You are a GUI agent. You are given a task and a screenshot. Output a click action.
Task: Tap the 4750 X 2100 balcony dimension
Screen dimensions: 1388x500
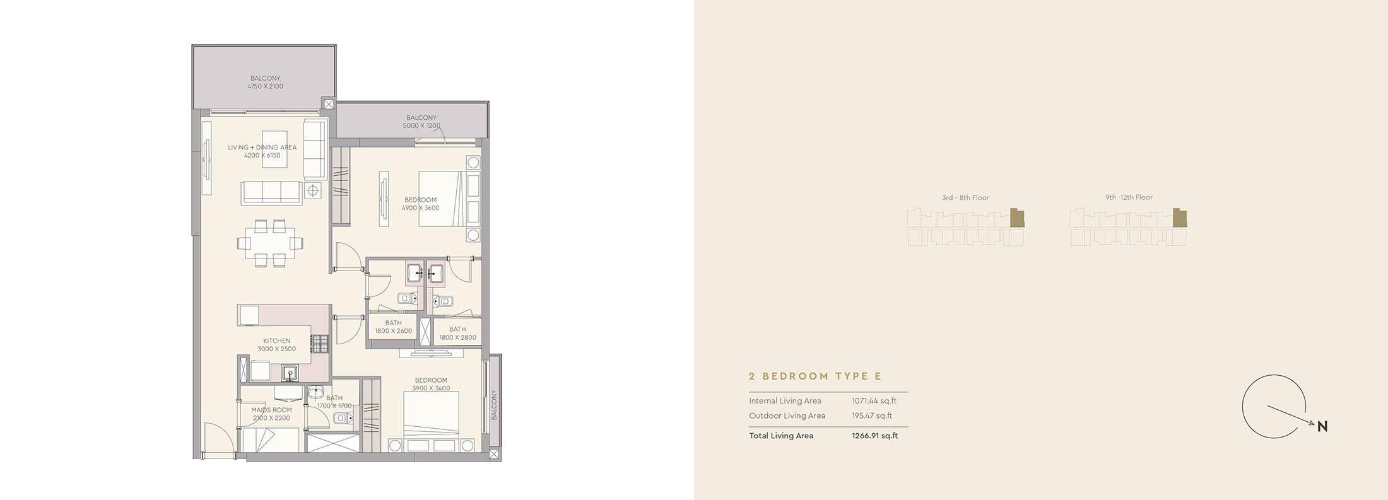click(265, 86)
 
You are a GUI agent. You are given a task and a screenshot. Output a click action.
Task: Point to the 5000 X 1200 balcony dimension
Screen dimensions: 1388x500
click(421, 125)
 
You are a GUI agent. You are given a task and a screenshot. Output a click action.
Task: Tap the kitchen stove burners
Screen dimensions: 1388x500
click(320, 344)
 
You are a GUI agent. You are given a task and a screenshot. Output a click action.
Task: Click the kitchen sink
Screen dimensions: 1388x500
click(290, 373)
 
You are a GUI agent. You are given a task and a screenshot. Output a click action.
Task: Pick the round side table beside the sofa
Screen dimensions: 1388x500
click(313, 190)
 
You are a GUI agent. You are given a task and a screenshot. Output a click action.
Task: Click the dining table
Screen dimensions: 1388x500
click(269, 243)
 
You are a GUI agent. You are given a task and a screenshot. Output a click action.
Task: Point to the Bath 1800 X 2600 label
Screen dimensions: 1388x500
click(393, 327)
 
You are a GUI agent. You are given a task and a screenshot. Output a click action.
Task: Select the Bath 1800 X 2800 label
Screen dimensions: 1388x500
click(457, 333)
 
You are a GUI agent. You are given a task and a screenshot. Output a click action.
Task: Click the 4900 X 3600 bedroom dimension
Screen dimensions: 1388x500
click(420, 208)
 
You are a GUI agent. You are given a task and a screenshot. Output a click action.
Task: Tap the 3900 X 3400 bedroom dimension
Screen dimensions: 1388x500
click(431, 388)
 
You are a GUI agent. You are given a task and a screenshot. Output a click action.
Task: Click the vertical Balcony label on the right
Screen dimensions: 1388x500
click(494, 405)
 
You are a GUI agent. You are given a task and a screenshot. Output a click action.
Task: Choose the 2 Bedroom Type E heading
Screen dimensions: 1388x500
click(815, 376)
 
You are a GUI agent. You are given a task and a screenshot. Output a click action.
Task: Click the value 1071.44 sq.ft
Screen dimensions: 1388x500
click(874, 401)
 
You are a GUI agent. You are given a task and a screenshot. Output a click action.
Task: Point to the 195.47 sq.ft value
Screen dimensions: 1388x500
click(872, 416)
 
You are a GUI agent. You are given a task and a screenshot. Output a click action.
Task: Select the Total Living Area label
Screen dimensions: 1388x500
click(781, 436)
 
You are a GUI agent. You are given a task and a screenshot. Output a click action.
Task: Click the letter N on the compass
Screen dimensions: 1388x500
click(1322, 427)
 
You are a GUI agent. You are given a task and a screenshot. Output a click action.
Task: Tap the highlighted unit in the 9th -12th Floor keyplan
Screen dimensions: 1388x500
click(1180, 218)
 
